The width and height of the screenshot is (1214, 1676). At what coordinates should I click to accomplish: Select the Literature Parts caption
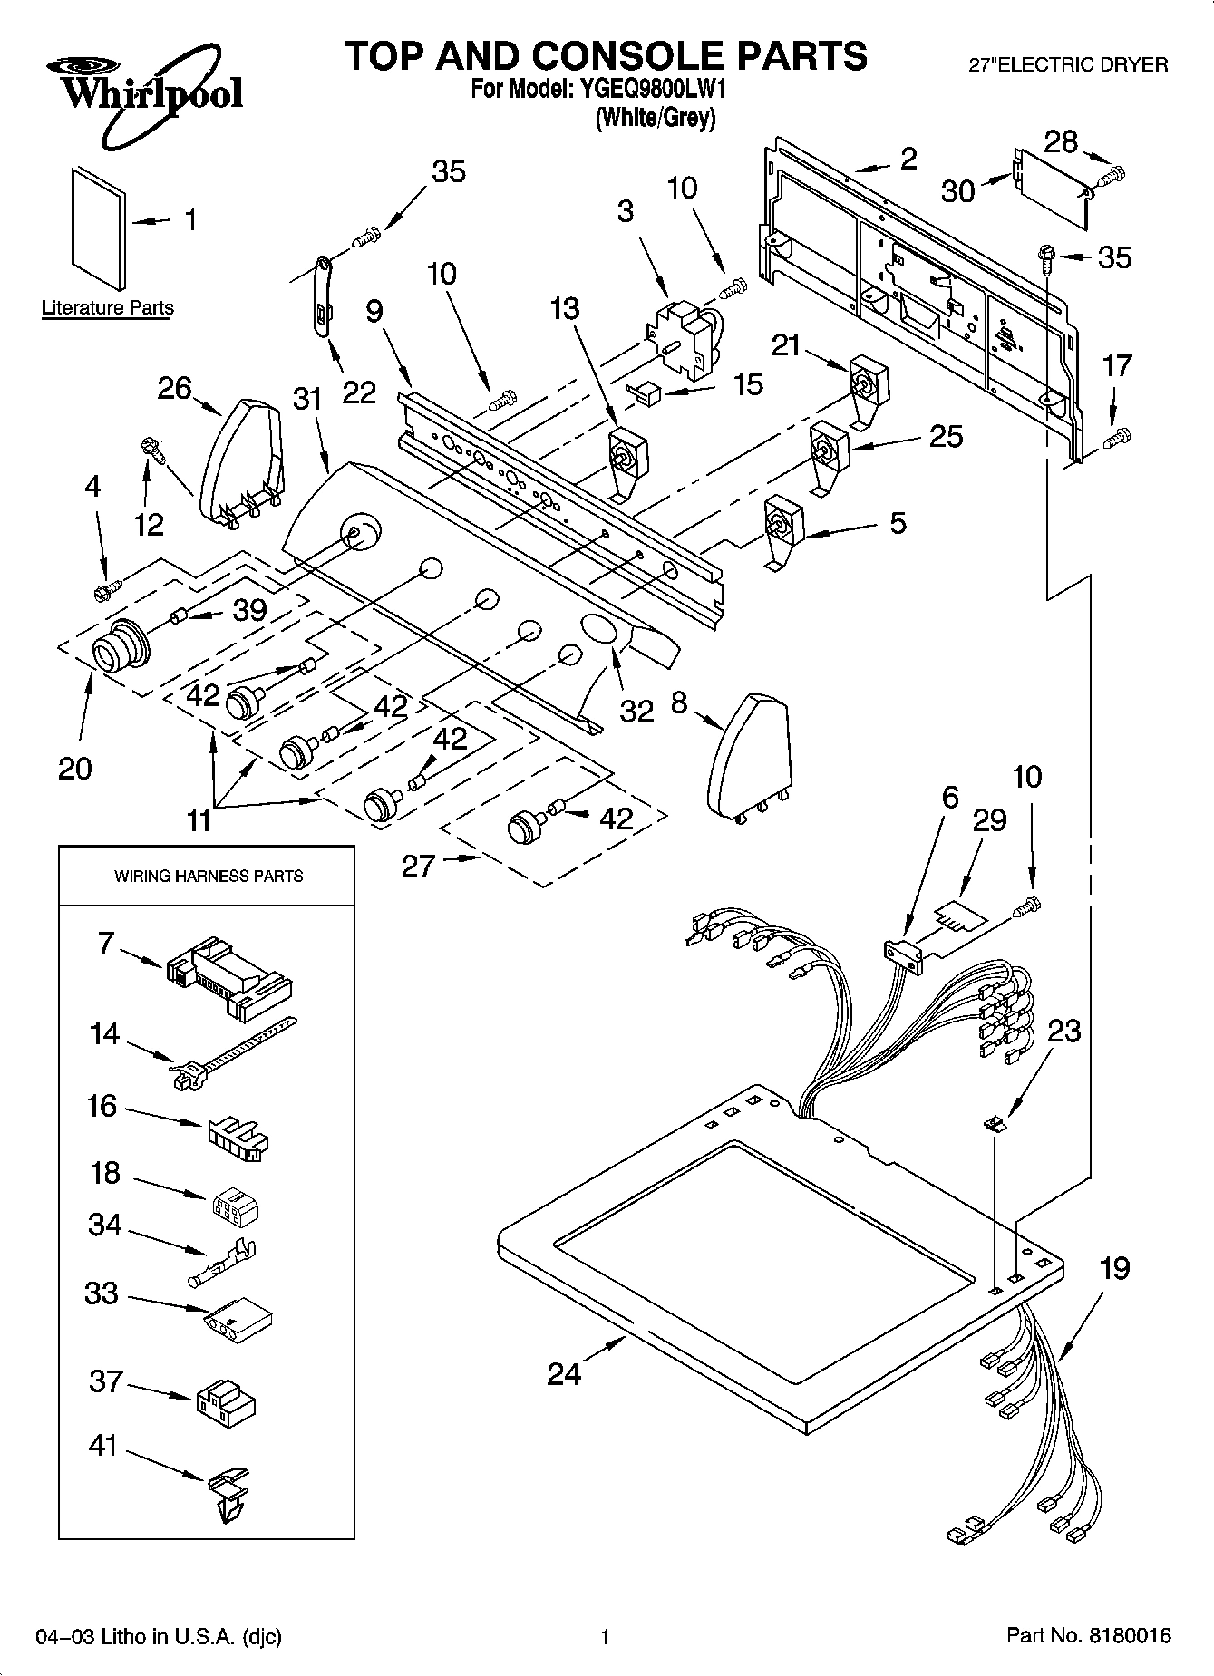107,308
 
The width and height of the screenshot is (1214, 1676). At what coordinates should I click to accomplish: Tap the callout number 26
174,388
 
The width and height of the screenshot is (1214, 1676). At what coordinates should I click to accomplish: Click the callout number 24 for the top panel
563,1374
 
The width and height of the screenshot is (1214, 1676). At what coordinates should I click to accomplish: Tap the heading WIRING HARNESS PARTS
208,876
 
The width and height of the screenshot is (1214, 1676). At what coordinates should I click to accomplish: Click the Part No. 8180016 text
1089,1636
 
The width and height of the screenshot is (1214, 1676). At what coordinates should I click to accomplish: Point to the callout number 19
1113,1267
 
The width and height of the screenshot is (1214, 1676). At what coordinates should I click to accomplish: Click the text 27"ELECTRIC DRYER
1069,65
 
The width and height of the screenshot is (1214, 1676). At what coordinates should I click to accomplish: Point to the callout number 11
199,821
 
